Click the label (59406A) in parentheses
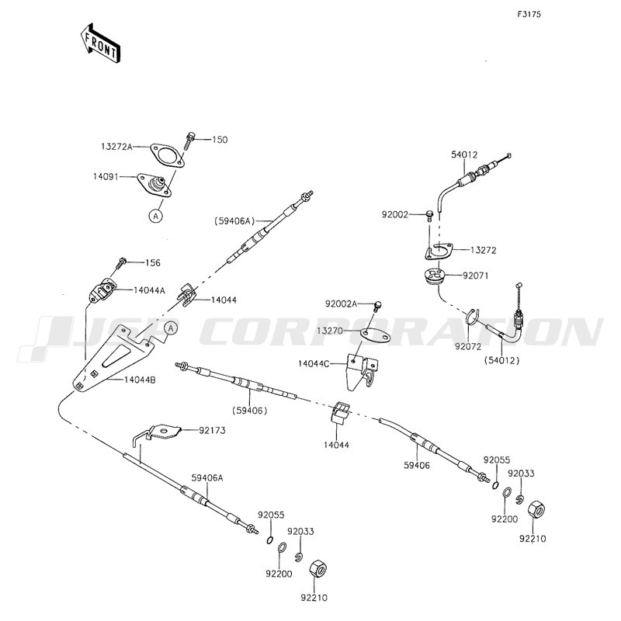(x=234, y=222)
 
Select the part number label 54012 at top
(x=463, y=155)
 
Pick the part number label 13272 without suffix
(x=484, y=250)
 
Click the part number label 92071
(x=475, y=275)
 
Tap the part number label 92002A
(x=342, y=304)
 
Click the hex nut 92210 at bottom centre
(x=317, y=568)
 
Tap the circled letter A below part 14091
(x=155, y=217)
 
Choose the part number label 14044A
(x=149, y=290)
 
